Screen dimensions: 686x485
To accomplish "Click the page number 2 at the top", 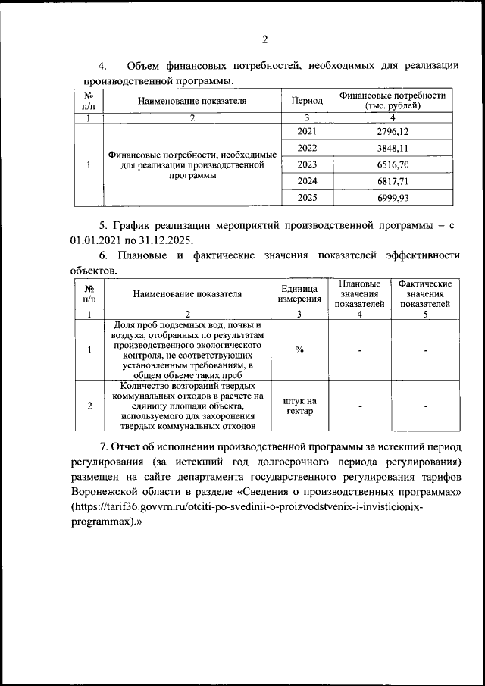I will (x=264, y=40).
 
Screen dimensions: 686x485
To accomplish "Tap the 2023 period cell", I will (x=307, y=164).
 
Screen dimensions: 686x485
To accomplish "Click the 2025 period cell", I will (x=307, y=197).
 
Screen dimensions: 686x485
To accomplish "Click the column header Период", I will (x=307, y=101).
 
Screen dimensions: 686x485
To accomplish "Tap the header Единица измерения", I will (x=299, y=293).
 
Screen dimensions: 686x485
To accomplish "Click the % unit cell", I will (x=299, y=349).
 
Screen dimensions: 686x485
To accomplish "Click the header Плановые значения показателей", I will (x=359, y=293).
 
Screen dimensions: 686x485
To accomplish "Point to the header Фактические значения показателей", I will (x=424, y=293).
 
